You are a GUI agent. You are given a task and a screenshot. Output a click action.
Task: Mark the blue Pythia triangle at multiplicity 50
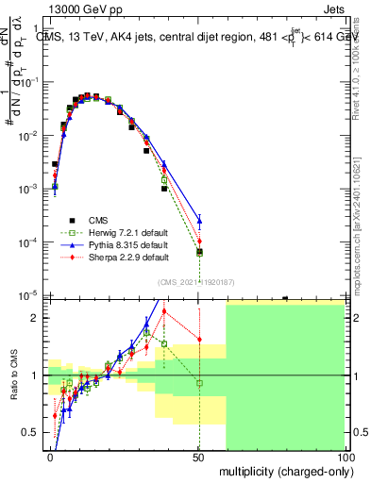click(199, 222)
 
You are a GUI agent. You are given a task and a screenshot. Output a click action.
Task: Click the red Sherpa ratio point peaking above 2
click(164, 311)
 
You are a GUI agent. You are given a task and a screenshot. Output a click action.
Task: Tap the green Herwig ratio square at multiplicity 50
click(199, 382)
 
